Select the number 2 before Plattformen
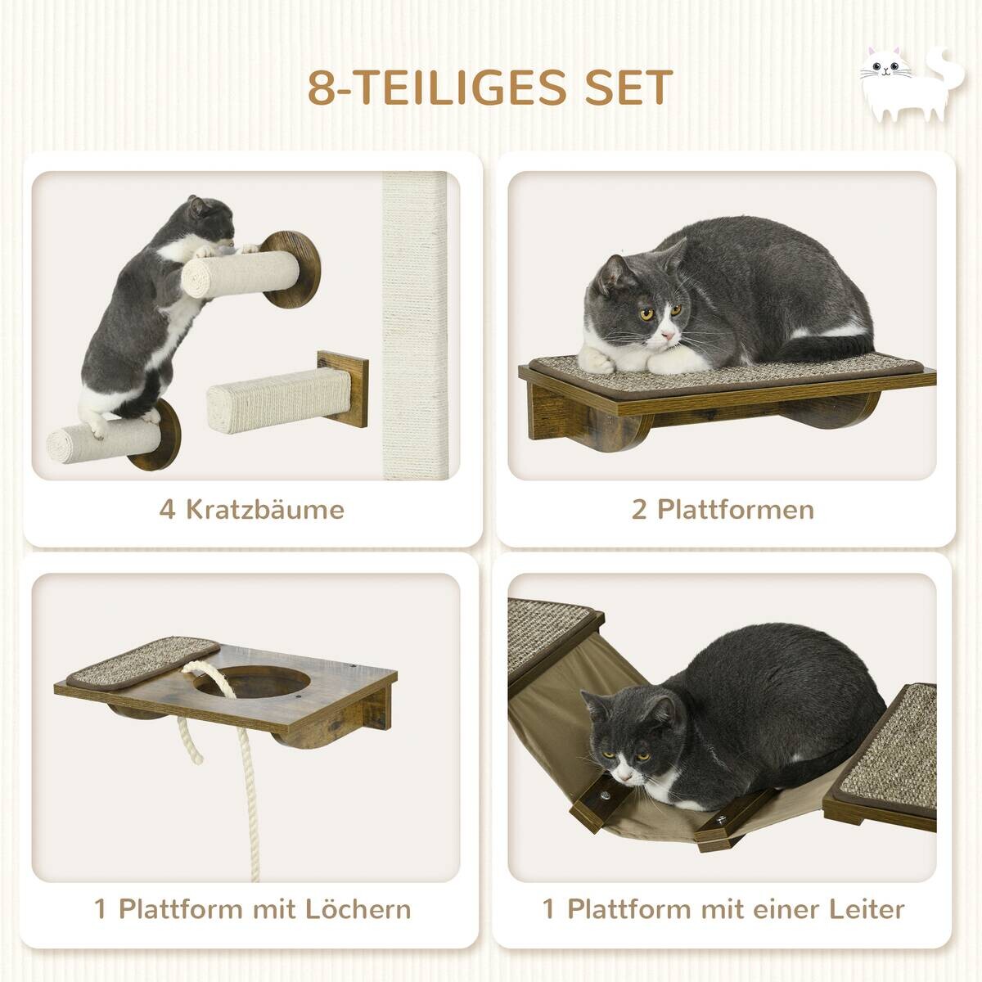tap(639, 510)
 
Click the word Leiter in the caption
tap(864, 909)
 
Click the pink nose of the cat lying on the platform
tap(668, 336)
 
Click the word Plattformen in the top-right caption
tap(736, 510)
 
